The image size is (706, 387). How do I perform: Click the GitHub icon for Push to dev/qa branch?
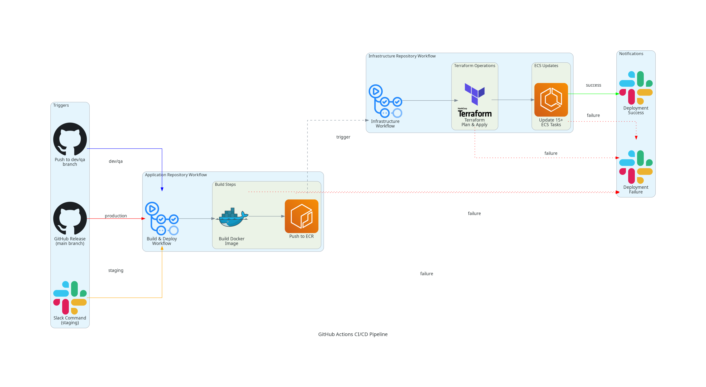coord(70,139)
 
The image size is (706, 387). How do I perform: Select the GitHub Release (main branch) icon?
coord(70,218)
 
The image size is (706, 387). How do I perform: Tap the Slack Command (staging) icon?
coord(70,297)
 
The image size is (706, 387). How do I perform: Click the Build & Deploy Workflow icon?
coord(162,218)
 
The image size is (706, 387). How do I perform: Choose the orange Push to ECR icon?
coord(301,216)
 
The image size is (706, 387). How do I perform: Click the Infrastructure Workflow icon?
coord(385,101)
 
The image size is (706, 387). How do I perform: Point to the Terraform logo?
coord(475,100)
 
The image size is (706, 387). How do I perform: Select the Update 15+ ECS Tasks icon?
coord(551,100)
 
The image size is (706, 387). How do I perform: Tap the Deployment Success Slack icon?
coord(636,88)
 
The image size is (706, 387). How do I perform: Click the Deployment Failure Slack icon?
coord(636,167)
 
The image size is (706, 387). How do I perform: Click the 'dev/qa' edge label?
coord(116,161)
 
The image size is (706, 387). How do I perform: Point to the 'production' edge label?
coord(116,216)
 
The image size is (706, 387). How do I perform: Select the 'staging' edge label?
coord(116,270)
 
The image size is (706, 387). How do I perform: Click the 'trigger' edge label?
coord(343,137)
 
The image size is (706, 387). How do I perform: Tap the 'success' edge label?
coord(593,85)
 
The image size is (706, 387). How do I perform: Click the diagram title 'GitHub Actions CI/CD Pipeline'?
coord(353,334)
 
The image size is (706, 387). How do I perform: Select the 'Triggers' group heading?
coord(61,105)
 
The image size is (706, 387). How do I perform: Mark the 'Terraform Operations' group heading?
coord(474,66)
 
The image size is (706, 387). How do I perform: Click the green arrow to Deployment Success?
coord(593,94)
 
